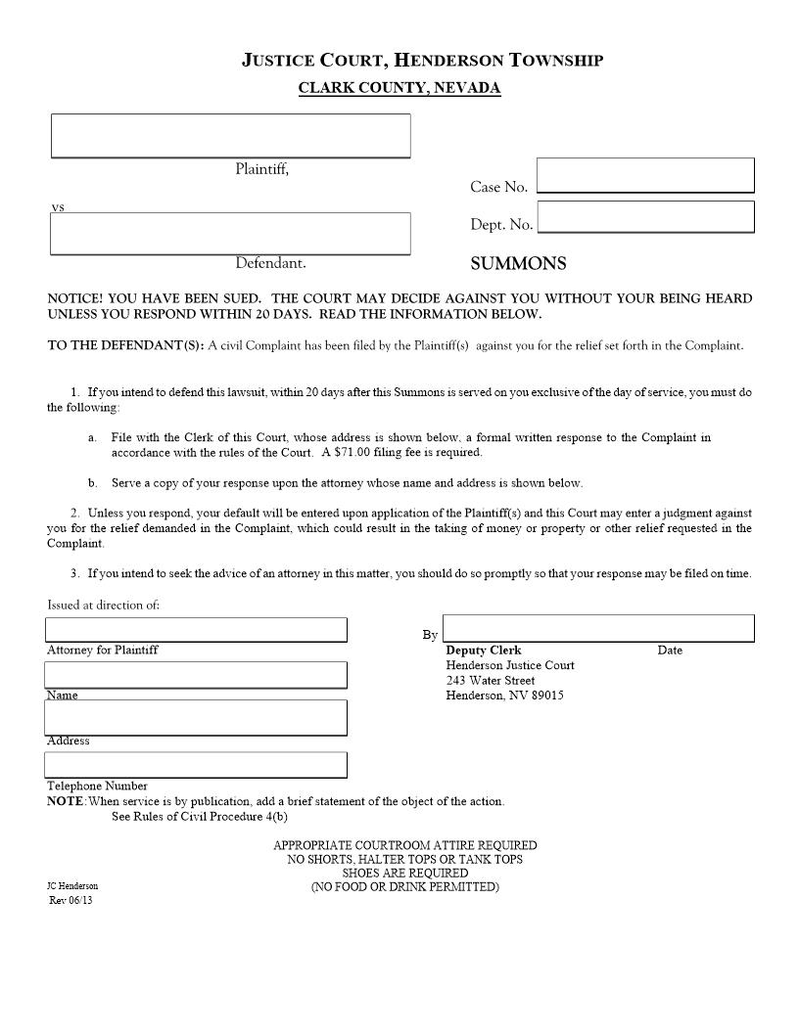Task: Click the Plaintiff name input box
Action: coord(230,135)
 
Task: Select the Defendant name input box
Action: coord(230,233)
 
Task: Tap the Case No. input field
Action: coord(645,175)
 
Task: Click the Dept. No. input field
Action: coord(645,217)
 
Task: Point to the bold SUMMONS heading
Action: coord(518,264)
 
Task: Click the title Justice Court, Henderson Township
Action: coord(422,61)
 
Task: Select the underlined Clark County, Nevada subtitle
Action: coord(399,88)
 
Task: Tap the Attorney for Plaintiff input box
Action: coord(196,629)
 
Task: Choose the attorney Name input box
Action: coord(196,674)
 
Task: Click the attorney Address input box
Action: coord(196,717)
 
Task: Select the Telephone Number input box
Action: coord(196,764)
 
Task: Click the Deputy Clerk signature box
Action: coord(598,628)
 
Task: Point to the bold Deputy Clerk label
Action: coord(484,651)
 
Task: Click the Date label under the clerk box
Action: coord(670,651)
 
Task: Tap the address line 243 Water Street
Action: coord(491,681)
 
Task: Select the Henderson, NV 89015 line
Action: coord(504,696)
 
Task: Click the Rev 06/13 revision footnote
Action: coord(70,900)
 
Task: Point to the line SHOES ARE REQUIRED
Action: coord(404,873)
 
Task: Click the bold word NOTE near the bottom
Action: coord(65,801)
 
